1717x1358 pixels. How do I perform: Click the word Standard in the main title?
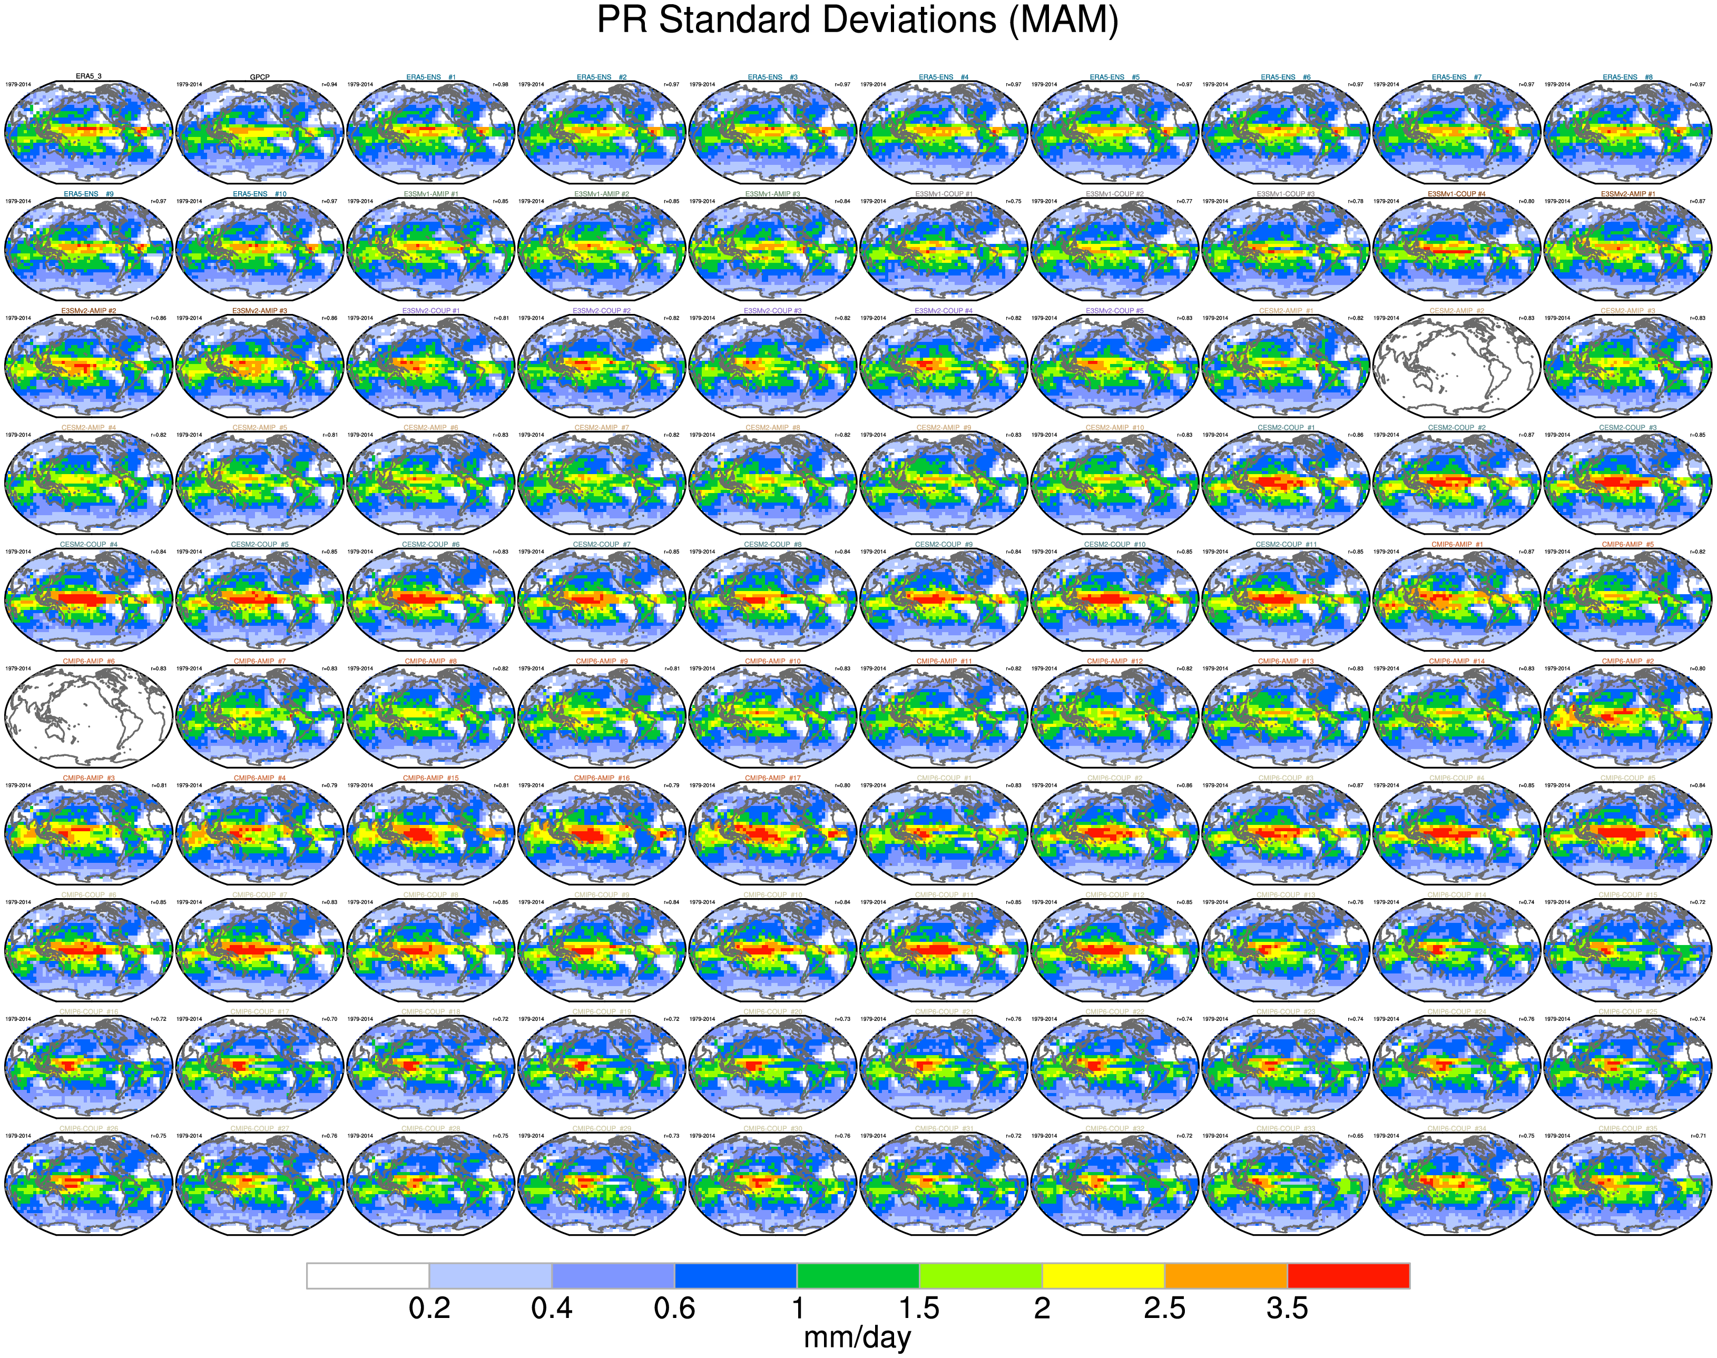[x=827, y=21]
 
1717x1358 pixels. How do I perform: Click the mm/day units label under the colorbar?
[x=857, y=1337]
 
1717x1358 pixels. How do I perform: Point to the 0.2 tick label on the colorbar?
[x=429, y=1308]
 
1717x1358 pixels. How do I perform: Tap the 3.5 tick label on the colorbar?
[x=1287, y=1308]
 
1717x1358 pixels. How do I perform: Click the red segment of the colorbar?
[x=1348, y=1275]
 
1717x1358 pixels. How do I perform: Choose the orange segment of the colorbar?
[x=1225, y=1275]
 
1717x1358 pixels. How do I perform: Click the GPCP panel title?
[x=259, y=77]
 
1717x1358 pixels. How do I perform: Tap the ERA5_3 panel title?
[x=89, y=77]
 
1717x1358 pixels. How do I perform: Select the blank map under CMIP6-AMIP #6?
[x=89, y=715]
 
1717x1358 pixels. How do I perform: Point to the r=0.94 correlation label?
[x=328, y=84]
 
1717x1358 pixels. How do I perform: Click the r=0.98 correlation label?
[x=500, y=84]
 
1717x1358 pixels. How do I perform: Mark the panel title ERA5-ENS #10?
[x=259, y=194]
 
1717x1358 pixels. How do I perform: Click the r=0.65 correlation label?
[x=1355, y=1135]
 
